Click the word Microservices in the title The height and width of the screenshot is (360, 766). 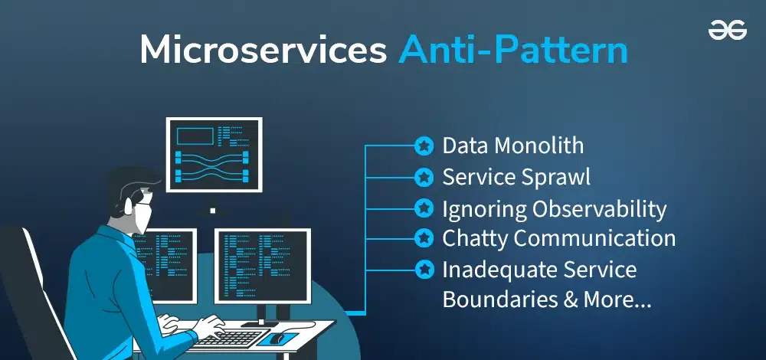263,50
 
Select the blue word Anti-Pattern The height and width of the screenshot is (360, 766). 513,50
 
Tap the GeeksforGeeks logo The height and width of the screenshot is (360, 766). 728,31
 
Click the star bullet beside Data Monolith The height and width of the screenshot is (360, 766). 424,146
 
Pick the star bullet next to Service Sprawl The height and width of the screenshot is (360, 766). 424,177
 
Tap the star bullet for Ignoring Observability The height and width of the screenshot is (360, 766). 424,208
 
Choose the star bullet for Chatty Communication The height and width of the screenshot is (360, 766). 424,238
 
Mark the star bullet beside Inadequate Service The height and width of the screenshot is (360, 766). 424,270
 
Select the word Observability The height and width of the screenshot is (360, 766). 600,209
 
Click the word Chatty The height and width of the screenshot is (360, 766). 473,238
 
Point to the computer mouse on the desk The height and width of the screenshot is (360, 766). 277,338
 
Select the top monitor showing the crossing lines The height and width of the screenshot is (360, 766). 214,155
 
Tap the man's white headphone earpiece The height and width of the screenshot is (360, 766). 129,205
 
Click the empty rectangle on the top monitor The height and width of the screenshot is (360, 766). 195,136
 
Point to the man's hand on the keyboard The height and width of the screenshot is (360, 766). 210,326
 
